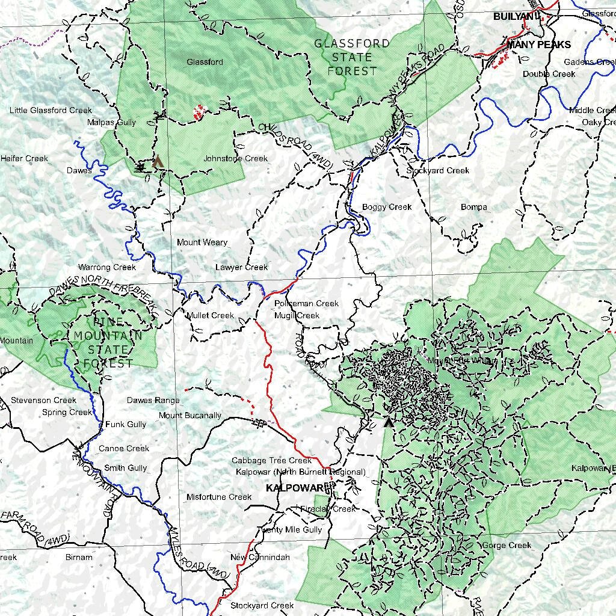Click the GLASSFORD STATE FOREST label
point(353,57)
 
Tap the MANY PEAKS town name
point(538,45)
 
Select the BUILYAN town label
point(513,17)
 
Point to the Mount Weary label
point(202,242)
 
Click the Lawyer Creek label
point(241,267)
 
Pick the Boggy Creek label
point(387,207)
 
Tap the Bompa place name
point(473,207)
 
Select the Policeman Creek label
point(306,304)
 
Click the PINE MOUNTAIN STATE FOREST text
point(108,342)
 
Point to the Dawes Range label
point(153,400)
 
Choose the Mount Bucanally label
point(190,416)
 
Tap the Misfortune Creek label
point(219,497)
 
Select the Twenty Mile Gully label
point(289,530)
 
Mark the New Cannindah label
point(260,558)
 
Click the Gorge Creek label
point(507,546)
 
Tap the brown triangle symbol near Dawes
point(158,161)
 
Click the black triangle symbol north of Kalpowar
point(389,422)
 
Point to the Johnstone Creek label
point(235,159)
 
